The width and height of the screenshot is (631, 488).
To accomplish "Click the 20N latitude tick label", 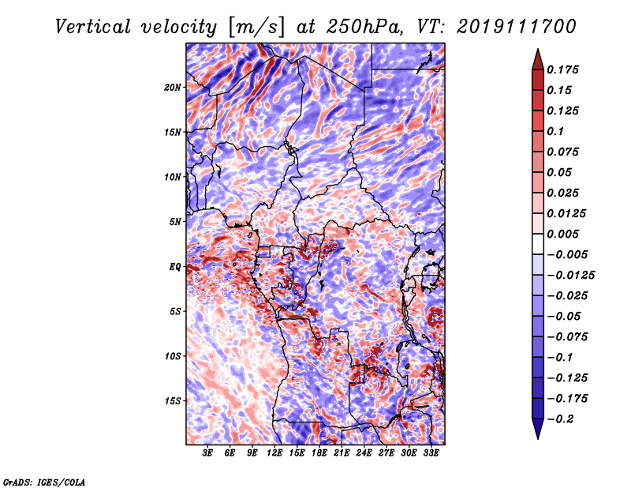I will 173,87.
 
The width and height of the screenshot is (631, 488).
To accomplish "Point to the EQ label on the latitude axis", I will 176,267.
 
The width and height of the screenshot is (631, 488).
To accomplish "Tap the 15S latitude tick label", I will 173,400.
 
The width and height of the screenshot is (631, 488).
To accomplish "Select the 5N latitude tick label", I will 175,221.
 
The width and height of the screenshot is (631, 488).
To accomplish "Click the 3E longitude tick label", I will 208,453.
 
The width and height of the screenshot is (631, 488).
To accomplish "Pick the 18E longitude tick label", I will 319,453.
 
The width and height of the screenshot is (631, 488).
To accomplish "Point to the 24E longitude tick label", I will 364,453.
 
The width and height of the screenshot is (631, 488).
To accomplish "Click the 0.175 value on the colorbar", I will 566,69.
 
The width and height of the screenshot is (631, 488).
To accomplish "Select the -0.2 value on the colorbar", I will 565,419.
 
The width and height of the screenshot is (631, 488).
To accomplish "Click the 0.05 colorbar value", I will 561,172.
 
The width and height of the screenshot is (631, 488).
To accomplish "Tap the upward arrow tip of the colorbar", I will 537,51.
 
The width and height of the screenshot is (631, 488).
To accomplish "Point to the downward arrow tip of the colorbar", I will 537,436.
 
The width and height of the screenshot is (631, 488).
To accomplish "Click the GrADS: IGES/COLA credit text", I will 43,480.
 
